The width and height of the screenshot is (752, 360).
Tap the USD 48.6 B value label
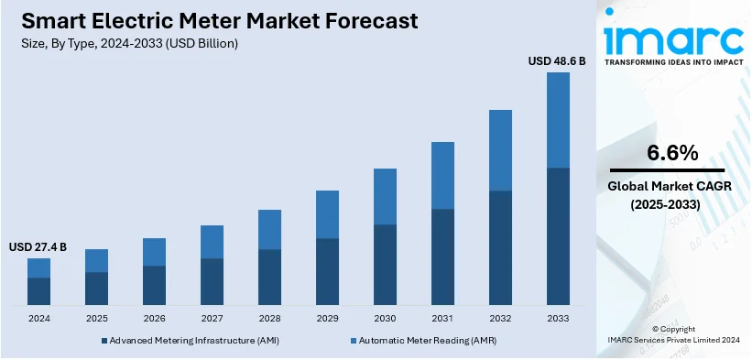558,60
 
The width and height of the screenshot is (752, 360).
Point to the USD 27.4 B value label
38,247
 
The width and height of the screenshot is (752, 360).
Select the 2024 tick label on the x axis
38,318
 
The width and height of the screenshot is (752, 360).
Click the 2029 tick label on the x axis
327,318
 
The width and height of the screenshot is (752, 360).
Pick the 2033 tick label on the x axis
558,318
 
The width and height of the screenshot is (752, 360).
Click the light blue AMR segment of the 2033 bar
558,120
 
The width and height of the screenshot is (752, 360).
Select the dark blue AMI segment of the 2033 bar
558,235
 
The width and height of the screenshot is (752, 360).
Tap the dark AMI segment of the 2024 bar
38,290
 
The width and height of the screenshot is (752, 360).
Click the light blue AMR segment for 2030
385,196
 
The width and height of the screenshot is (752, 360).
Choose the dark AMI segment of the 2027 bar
212,281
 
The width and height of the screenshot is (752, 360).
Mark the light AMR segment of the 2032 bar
500,150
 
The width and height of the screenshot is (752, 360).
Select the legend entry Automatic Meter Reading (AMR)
412,340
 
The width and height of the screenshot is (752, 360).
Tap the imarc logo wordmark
673,38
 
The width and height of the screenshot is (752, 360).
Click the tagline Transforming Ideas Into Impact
673,66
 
